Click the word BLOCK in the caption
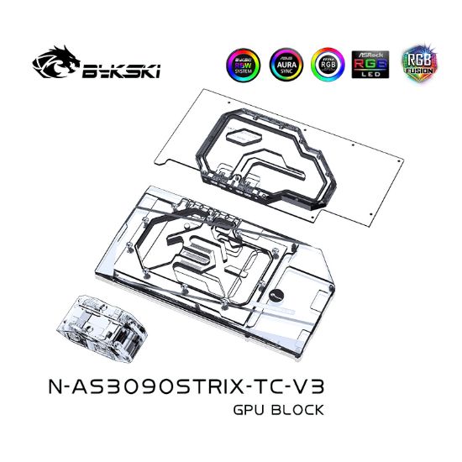[293, 410]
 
